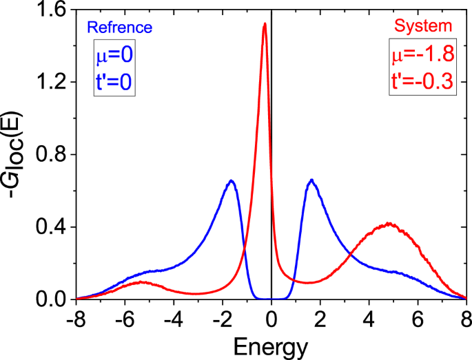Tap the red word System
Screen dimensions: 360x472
[x=423, y=27]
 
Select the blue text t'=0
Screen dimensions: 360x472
[x=114, y=82]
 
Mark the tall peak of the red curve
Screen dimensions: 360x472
[x=265, y=24]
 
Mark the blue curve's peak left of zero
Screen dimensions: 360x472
[x=232, y=181]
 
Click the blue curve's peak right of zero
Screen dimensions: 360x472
[x=312, y=180]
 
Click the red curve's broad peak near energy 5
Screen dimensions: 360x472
[x=389, y=224]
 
